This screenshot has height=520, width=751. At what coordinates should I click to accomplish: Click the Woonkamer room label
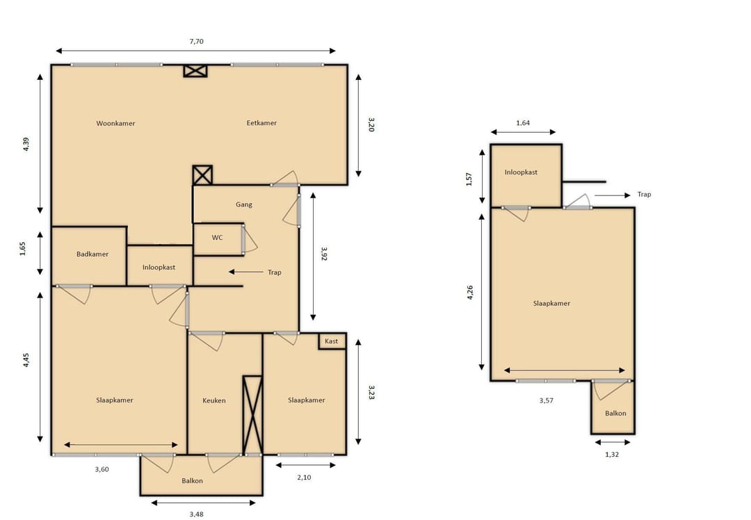pos(115,124)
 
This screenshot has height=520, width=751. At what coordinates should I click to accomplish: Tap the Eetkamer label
pos(261,123)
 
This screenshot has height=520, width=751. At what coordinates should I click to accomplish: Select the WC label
pos(217,238)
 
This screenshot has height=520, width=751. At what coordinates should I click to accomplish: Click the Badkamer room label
pos(92,254)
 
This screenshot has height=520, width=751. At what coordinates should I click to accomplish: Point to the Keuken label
pos(213,400)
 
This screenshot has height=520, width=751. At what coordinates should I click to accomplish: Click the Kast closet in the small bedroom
pos(332,341)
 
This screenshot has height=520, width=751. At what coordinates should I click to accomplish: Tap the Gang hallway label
pos(244,204)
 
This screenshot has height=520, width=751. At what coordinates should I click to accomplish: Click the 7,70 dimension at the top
pos(196,42)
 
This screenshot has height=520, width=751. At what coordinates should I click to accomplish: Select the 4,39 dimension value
pos(26,145)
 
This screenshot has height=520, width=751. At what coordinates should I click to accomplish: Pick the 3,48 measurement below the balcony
pos(196,514)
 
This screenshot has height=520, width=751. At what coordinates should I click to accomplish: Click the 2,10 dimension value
pos(304,478)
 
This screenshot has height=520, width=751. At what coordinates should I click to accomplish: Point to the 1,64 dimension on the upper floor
pos(523,123)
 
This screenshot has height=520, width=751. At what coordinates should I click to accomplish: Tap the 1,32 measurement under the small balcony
pos(612,455)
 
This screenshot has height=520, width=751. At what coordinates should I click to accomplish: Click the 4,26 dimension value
pos(469,293)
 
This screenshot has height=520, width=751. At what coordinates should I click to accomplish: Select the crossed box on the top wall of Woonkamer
pos(195,71)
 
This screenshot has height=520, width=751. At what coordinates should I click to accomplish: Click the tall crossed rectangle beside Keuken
pos(252,415)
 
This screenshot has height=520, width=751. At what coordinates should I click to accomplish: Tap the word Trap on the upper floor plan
pos(644,195)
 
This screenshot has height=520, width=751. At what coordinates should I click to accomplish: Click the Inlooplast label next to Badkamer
pos(159,268)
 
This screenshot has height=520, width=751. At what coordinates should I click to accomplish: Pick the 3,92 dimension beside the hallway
pos(324,254)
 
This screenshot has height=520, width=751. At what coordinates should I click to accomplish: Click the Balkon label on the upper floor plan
pos(615,413)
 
